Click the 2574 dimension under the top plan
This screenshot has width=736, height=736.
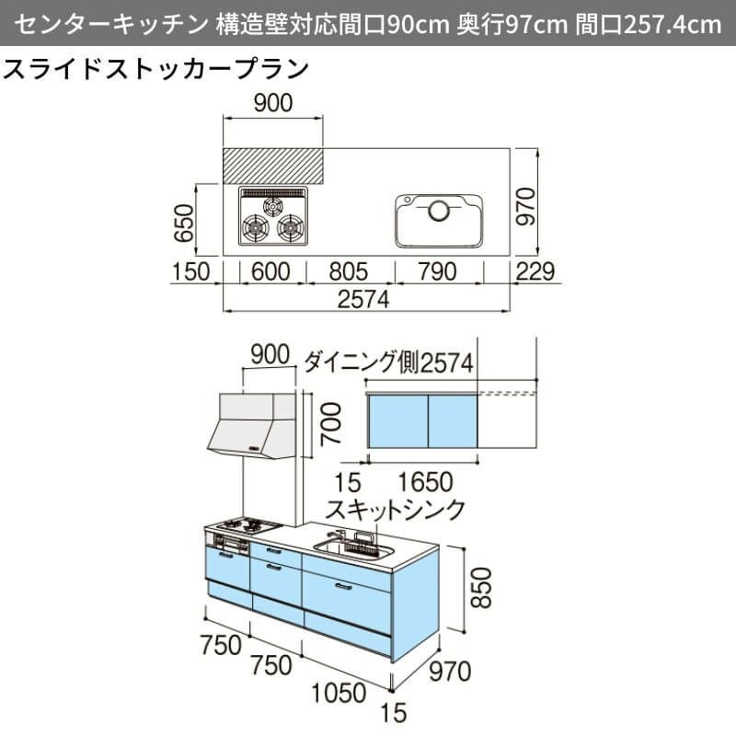(x=364, y=299)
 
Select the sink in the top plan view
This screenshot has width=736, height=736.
(x=439, y=220)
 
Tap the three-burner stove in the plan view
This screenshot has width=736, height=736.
(x=273, y=218)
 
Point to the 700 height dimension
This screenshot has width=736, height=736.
(x=330, y=425)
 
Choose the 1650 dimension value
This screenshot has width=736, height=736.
(x=429, y=482)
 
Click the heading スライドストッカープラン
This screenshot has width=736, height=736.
(x=155, y=70)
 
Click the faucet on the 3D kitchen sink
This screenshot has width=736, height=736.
(x=339, y=537)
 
